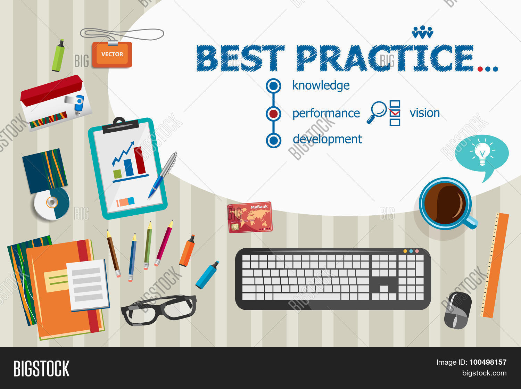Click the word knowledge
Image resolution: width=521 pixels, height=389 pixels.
321,85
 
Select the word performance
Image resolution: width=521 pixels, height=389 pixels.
326,114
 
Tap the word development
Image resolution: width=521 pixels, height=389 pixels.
327,139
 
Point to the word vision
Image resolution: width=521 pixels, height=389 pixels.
424,113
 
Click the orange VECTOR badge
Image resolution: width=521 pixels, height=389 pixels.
112,54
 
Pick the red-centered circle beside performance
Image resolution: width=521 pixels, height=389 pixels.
273,114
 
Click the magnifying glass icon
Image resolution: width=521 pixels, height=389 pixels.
377,111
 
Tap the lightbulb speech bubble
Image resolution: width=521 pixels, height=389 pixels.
482,154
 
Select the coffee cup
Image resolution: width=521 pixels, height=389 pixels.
445,204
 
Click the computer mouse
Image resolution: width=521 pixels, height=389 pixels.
458,310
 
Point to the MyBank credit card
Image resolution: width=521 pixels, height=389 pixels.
250,217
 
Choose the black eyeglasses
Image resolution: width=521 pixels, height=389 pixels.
159,309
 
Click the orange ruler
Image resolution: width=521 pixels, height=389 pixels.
495,265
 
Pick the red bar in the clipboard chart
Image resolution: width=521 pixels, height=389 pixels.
140,160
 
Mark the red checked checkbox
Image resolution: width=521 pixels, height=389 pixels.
395,113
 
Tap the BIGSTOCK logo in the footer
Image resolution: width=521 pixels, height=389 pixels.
41,369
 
